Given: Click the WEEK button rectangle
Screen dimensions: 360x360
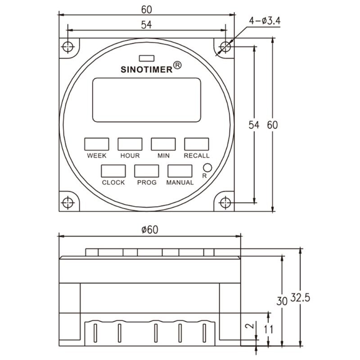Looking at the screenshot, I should pos(97,144).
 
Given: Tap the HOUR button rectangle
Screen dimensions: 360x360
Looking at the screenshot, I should pos(130,144).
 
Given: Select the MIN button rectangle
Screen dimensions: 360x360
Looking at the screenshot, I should pos(163,144).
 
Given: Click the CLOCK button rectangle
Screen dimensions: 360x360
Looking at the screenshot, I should pos(113,171).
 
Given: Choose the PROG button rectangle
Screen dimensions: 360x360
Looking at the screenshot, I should pos(147,171).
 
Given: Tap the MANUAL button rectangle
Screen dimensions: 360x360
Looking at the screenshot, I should pos(180,171).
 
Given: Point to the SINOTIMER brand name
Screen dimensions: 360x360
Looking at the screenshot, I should pos(147,70).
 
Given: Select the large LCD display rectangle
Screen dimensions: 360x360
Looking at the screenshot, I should pos(147,100).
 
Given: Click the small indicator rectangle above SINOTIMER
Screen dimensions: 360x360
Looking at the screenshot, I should pos(147,58).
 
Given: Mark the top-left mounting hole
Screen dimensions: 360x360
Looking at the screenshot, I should pos(68,47).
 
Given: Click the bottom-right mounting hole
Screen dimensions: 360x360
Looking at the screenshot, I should pos(225,202).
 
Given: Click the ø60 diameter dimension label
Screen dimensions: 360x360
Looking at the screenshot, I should pos(150,229).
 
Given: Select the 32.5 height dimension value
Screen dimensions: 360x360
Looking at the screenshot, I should pos(300,298).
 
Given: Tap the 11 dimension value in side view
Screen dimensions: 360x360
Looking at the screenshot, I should pos(269,329).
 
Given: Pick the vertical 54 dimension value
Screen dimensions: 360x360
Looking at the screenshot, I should pos(255,126).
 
